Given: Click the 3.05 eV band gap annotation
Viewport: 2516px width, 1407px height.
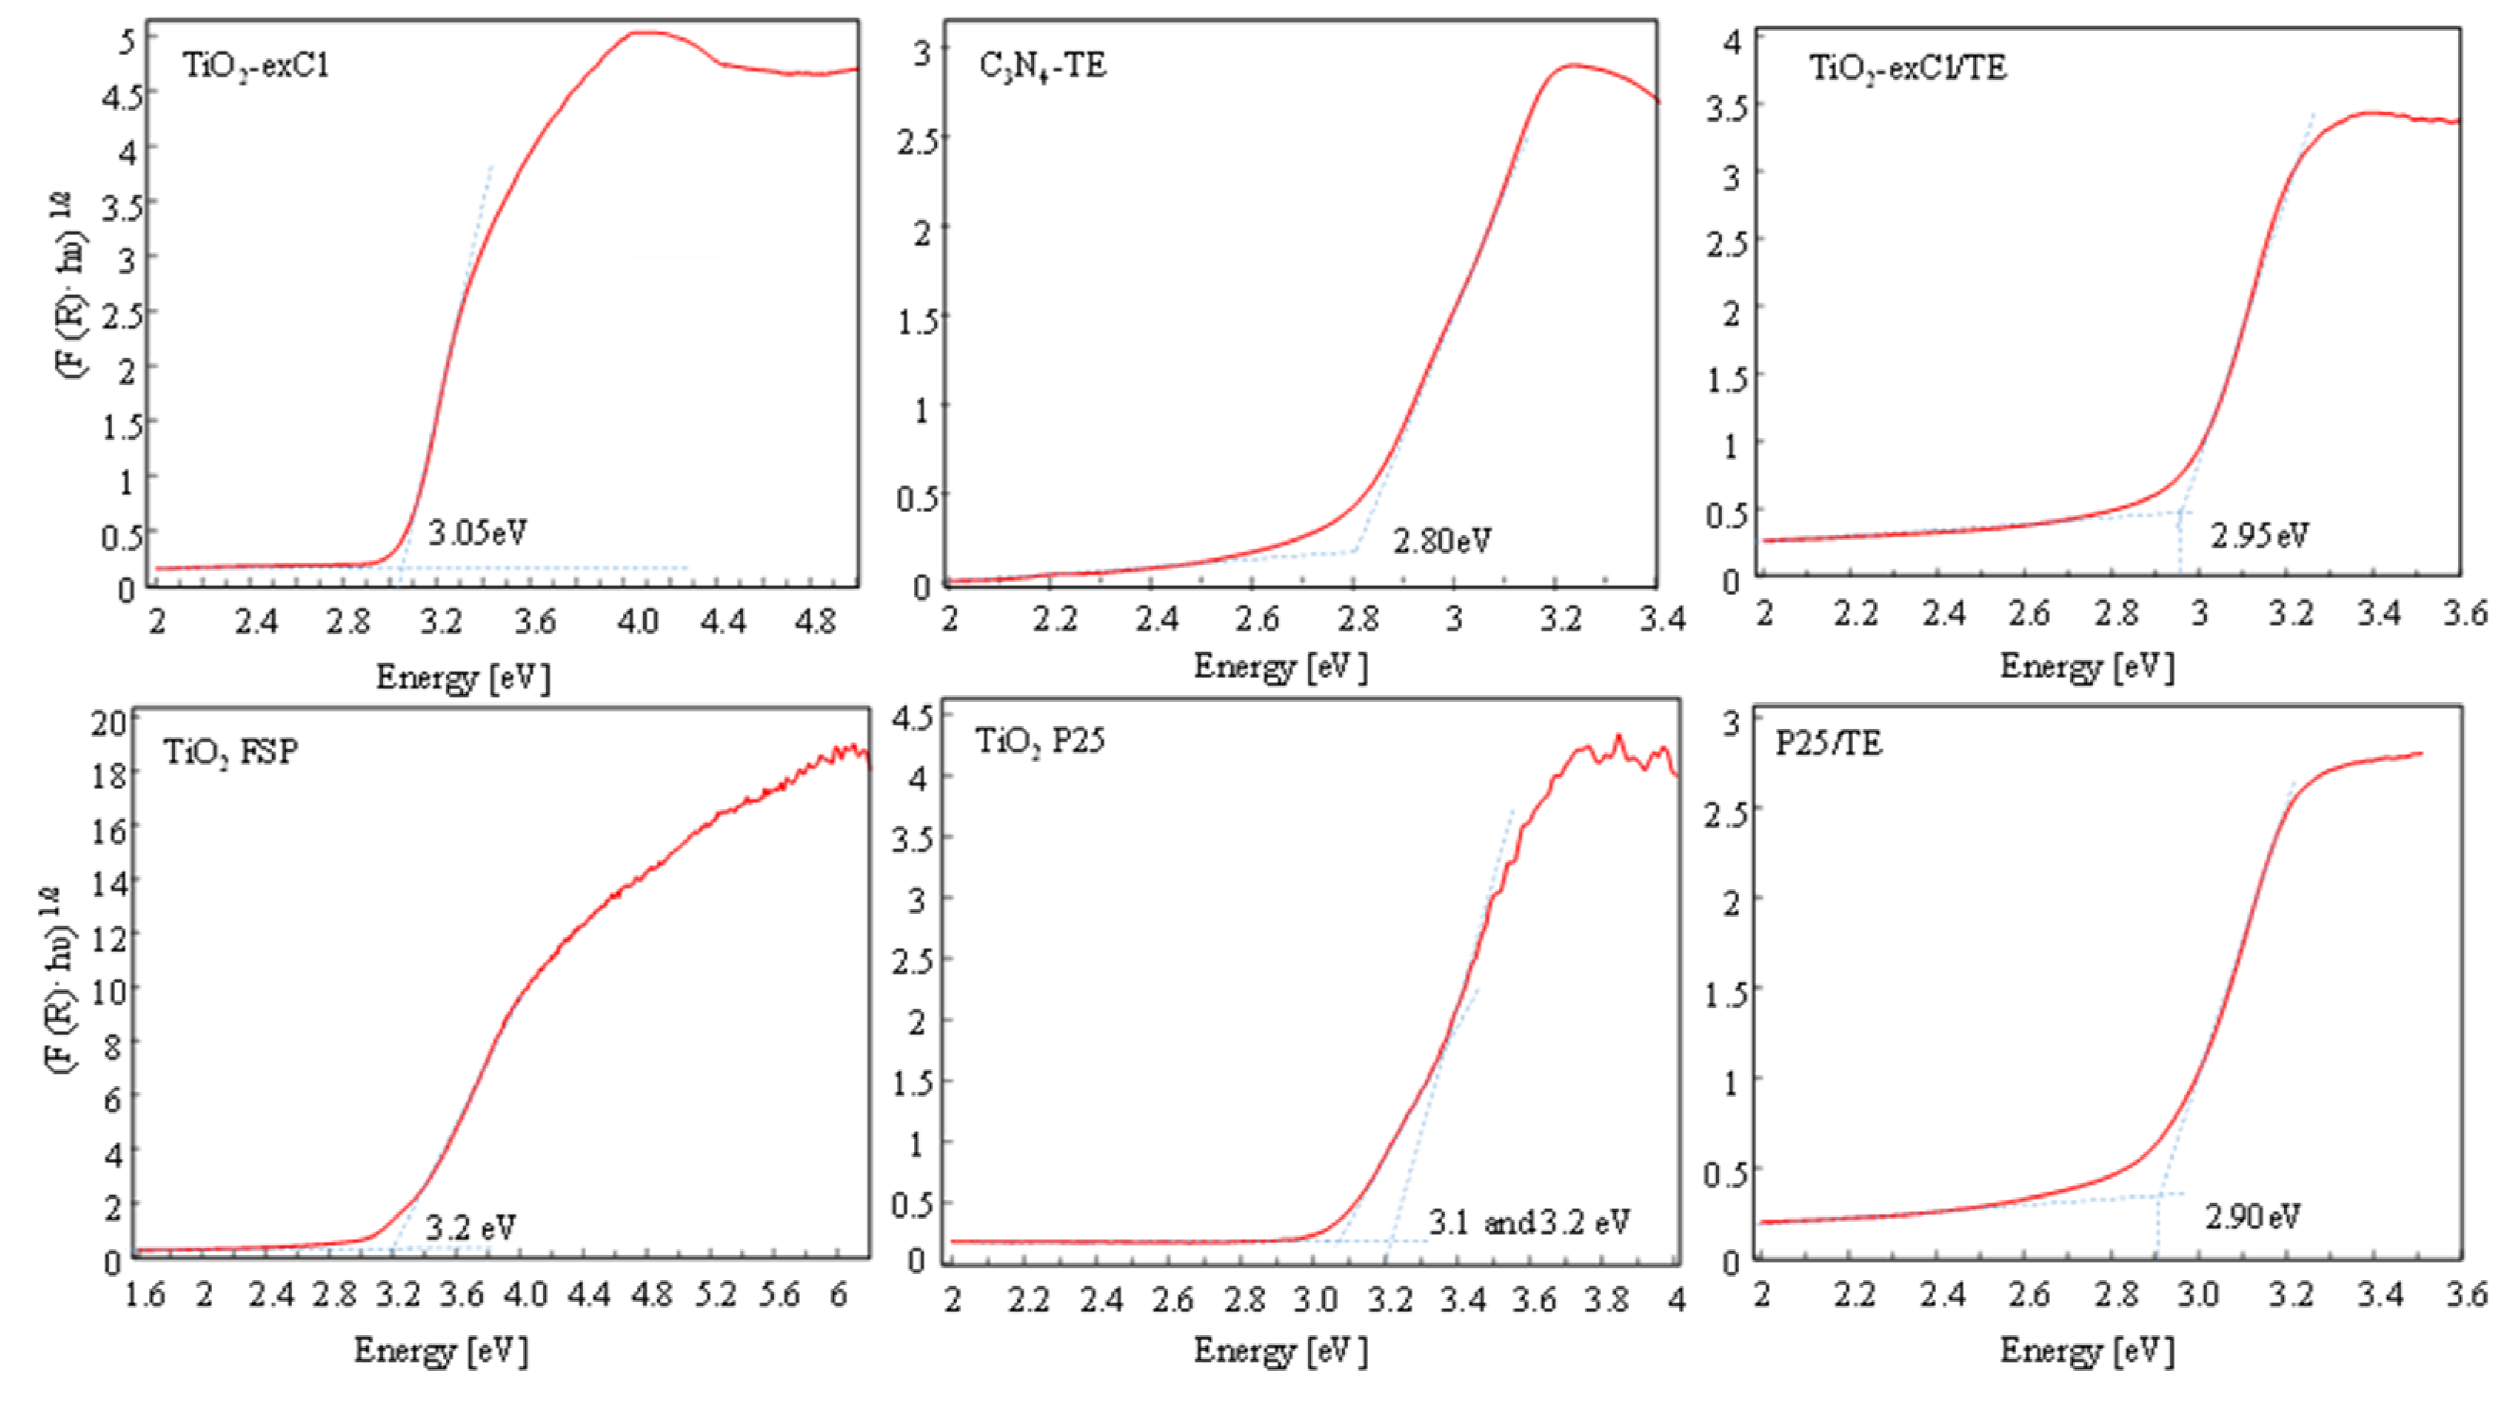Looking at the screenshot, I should [478, 533].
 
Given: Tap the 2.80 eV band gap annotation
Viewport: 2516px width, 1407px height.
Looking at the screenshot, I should [1442, 541].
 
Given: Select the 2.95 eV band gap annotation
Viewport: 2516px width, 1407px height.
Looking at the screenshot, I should [2259, 535].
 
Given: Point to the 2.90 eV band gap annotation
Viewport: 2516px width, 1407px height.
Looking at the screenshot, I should [2252, 1216].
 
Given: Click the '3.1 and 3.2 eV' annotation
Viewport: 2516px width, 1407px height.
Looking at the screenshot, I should [1529, 1222].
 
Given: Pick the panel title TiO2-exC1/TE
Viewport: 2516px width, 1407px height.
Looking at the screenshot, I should [1907, 68].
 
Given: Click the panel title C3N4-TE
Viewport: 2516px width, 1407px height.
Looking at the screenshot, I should [1042, 65].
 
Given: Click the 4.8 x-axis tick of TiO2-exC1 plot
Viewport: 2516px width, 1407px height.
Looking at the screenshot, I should [814, 621].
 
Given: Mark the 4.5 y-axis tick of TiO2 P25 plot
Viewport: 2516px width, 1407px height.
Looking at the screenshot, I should [911, 718].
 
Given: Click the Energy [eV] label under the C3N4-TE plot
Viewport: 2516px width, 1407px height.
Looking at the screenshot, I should [1279, 667].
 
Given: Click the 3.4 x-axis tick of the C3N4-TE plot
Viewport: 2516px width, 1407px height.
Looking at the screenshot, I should [1660, 618].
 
